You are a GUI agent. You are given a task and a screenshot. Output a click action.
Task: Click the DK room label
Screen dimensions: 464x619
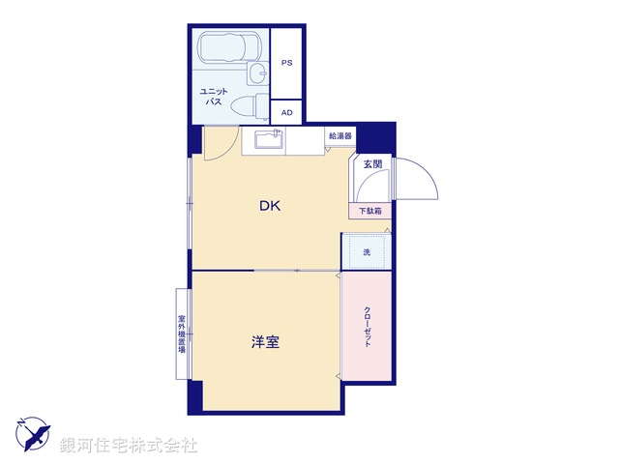click(270, 205)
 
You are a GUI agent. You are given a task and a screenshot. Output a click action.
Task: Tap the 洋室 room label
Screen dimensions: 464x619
click(266, 341)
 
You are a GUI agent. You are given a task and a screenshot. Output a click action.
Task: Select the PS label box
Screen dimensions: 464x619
click(286, 63)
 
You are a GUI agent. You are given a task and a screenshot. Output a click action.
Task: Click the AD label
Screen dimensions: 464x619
click(286, 112)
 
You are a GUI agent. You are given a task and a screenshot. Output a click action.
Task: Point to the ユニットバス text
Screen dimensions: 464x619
click(212, 95)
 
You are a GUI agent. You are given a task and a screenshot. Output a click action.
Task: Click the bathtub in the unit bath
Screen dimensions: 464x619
click(227, 47)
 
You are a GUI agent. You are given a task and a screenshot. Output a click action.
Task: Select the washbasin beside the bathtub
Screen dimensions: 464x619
click(256, 74)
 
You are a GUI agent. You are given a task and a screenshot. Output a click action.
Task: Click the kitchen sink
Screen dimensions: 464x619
click(268, 141)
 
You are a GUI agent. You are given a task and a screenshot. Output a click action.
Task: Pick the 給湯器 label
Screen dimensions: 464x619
click(339, 136)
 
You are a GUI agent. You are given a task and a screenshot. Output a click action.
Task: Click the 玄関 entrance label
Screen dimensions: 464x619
click(372, 164)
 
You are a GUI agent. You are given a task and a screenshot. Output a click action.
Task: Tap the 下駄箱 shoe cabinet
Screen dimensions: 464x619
click(369, 211)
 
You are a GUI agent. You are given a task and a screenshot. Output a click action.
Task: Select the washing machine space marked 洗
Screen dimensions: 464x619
click(367, 252)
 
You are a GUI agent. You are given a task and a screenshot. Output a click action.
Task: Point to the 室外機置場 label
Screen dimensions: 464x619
click(181, 334)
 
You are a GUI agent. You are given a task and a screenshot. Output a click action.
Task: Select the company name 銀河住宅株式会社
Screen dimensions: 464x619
click(129, 446)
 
